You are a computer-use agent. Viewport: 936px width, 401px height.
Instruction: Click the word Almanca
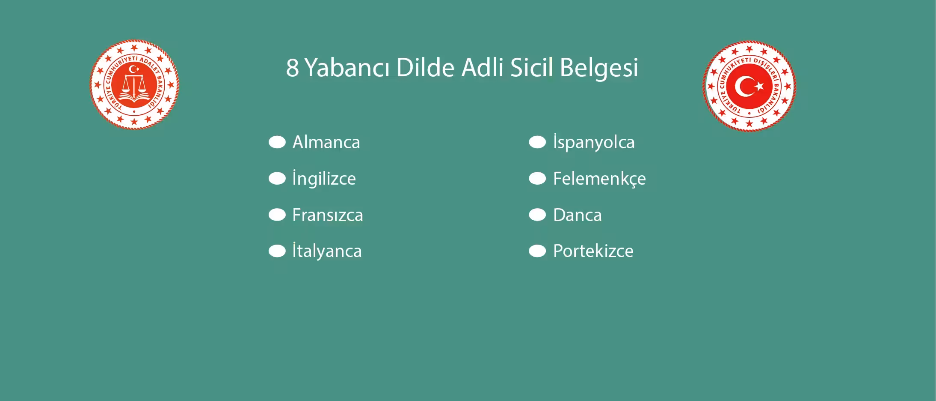(x=326, y=142)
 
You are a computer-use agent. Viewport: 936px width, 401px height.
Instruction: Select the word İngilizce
(x=324, y=179)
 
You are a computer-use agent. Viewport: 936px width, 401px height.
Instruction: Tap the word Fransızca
(x=327, y=215)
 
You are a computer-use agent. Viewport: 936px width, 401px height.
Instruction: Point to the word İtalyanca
(x=327, y=251)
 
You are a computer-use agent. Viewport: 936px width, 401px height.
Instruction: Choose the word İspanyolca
(x=594, y=142)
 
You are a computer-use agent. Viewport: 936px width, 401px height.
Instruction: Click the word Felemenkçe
(x=599, y=179)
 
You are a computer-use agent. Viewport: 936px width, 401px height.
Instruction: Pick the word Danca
(x=577, y=215)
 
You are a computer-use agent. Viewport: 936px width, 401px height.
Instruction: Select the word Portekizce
(x=593, y=251)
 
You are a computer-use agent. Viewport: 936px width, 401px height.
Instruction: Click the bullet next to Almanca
(x=277, y=142)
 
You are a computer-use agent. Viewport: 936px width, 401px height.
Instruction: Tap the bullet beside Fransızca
(x=277, y=215)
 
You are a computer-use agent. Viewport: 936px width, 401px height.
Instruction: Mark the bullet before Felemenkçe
(x=537, y=179)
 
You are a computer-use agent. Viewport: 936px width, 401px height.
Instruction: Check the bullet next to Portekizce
(x=537, y=251)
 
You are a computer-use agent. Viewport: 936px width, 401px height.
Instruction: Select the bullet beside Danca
(x=537, y=215)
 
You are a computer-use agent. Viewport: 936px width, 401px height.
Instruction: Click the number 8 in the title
(x=292, y=68)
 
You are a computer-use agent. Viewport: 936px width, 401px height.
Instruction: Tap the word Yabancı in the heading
(x=347, y=68)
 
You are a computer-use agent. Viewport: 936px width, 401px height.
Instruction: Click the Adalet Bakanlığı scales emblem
(x=134, y=85)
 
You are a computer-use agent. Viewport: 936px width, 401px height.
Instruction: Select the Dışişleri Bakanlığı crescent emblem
(x=749, y=86)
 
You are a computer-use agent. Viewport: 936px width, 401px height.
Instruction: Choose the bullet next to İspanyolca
(x=537, y=142)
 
